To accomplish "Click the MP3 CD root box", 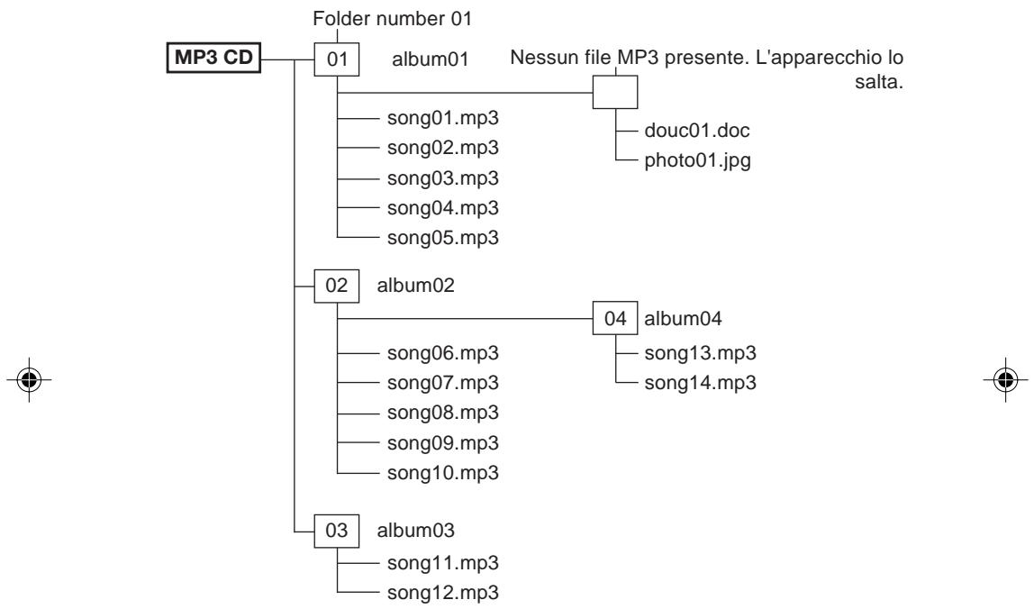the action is coord(213,58).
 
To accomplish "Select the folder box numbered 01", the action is coord(336,59).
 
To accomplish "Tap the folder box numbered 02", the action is coord(336,286).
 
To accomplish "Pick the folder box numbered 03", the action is coord(336,531).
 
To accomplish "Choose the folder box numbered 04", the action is coord(615,318).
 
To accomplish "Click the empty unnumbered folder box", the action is coord(615,92).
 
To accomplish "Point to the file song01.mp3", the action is coord(442,118).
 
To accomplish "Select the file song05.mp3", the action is coord(442,238).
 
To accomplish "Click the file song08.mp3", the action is coord(442,413).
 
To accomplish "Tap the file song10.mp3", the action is coord(442,472).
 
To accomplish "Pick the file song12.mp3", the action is coord(442,593).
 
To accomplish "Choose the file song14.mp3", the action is coord(701,383).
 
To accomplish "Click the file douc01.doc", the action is coord(697,130).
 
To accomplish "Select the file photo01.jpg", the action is coord(698,160).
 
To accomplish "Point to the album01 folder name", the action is coord(430,59).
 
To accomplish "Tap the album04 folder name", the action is coord(683,319).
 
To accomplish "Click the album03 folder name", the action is coord(415,531).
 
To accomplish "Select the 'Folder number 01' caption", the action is coord(393,19).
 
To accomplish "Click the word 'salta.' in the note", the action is coord(879,83).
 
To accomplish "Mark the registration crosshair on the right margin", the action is coord(1006,380).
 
